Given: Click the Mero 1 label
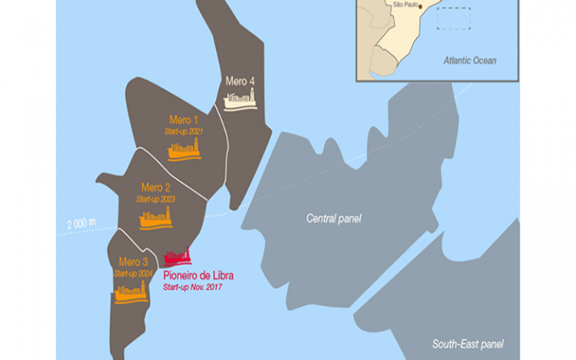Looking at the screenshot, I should coord(184,119).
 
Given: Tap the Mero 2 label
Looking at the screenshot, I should coord(155,187).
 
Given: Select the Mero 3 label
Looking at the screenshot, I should coord(134,262).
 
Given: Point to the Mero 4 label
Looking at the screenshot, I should coord(239,80).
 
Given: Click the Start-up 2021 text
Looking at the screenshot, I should coord(184,130).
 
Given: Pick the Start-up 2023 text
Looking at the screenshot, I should coord(155,199).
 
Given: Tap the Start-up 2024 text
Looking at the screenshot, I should coord(133,273).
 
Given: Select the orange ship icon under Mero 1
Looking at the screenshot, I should coord(184,150).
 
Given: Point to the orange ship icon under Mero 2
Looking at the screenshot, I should coord(156,219).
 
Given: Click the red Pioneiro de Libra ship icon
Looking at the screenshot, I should coord(178,257).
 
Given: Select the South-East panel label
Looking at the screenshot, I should coord(467,344).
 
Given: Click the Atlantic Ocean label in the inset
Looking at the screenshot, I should coord(469,60).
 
